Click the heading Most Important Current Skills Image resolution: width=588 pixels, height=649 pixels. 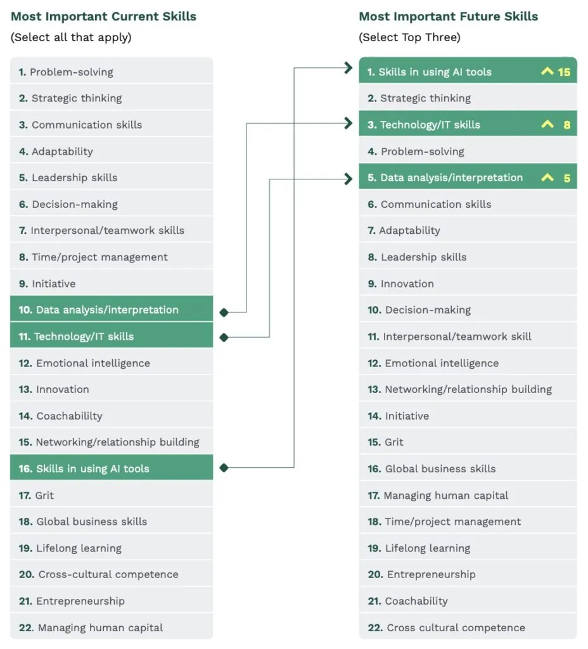(x=103, y=16)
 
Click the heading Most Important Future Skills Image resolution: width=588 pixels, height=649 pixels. (x=448, y=16)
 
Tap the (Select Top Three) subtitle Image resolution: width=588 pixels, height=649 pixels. (x=409, y=37)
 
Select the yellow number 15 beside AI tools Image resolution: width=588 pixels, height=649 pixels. (x=564, y=72)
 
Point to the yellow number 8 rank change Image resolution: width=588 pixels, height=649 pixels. (x=566, y=125)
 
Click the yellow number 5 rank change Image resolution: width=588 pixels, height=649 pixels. (x=566, y=178)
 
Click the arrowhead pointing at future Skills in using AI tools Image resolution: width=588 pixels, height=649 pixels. (x=348, y=68)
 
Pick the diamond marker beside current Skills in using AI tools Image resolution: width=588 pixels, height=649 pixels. (x=223, y=468)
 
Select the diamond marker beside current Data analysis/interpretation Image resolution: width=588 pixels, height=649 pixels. (x=223, y=312)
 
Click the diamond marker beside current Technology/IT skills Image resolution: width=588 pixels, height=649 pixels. (x=223, y=337)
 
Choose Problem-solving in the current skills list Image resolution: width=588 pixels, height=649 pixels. (x=71, y=72)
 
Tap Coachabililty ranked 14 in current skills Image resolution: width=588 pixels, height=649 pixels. (x=69, y=416)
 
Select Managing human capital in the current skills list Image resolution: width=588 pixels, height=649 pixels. (x=100, y=627)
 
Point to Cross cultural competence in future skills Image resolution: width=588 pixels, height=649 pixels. (x=456, y=627)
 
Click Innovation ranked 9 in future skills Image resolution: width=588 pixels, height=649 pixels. (x=407, y=284)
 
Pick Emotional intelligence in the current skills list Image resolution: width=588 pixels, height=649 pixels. (x=93, y=363)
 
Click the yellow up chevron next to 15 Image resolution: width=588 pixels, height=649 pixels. (x=547, y=72)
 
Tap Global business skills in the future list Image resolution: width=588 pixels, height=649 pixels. (x=440, y=469)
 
